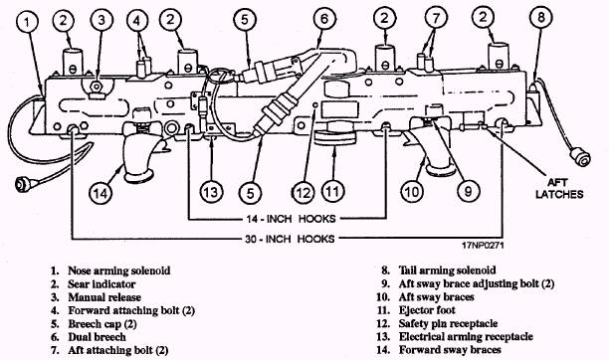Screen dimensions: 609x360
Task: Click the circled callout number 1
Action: click(x=27, y=21)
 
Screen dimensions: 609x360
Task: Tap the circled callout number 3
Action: click(x=101, y=20)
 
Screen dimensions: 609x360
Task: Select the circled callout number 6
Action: click(x=324, y=18)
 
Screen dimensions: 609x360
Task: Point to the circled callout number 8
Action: click(x=541, y=17)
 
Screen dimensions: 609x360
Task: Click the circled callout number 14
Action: click(x=101, y=192)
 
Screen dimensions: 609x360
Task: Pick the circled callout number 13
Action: click(x=211, y=192)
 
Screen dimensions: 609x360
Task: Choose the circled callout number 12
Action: click(x=304, y=193)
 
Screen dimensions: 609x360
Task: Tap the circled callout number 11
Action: click(x=332, y=191)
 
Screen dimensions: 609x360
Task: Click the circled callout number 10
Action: click(x=412, y=192)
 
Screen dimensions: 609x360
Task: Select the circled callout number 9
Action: click(x=468, y=191)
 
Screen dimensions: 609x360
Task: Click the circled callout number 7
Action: click(x=436, y=18)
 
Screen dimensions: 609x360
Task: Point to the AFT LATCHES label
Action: click(x=559, y=188)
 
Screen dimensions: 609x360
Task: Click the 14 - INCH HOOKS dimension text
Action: click(x=291, y=219)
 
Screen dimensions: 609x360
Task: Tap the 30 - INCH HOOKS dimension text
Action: click(x=290, y=239)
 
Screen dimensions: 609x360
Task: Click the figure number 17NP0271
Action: click(x=483, y=246)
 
